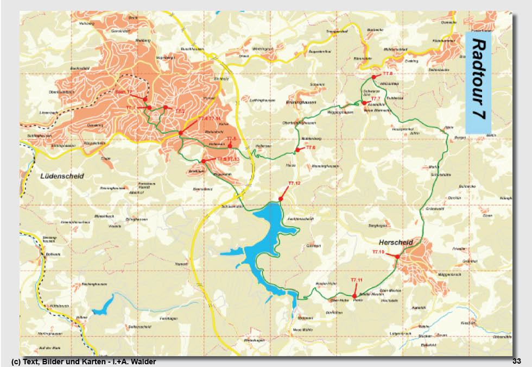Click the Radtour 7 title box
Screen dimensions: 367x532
(x=478, y=82)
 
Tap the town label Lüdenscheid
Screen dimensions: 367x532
(x=62, y=176)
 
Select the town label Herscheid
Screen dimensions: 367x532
(x=396, y=242)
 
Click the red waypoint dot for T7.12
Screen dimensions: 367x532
(x=281, y=200)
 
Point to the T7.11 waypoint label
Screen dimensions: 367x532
(x=356, y=279)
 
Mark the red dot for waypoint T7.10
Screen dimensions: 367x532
(x=397, y=257)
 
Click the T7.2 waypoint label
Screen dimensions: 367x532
(x=180, y=111)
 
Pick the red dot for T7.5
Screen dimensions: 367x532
(x=230, y=146)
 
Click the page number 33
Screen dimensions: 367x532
(x=516, y=361)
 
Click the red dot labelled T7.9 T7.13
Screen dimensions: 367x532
(x=203, y=161)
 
